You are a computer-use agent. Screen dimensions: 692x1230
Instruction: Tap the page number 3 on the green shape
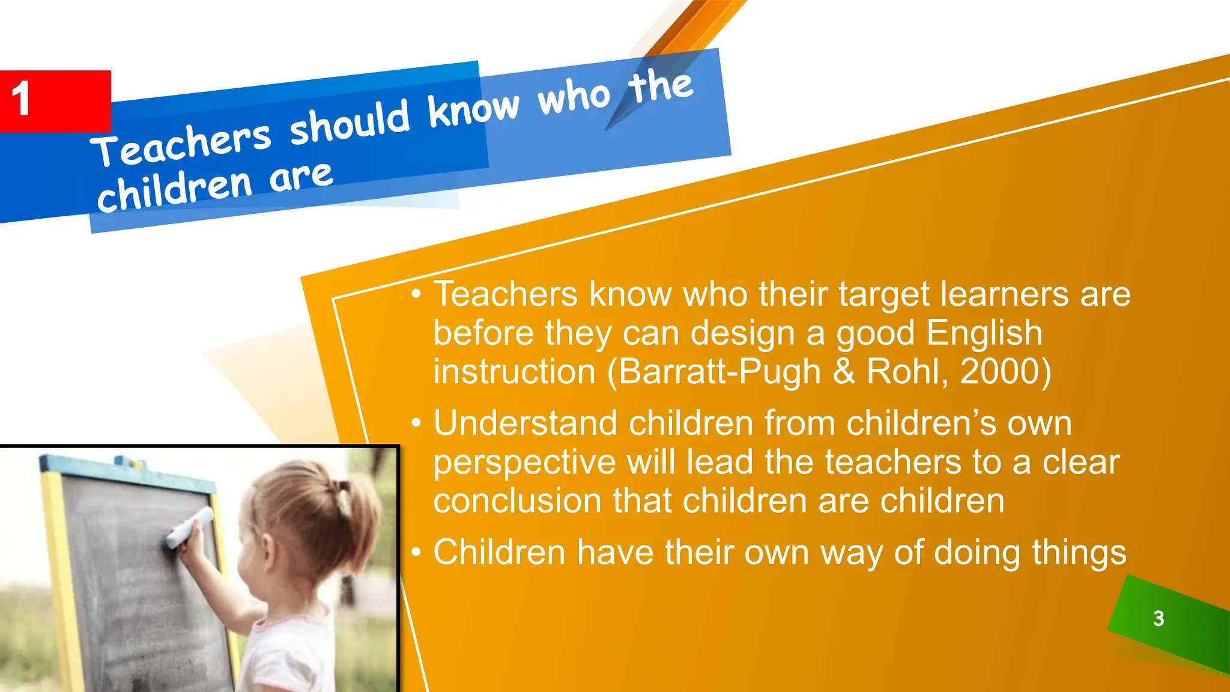pyautogui.click(x=1159, y=618)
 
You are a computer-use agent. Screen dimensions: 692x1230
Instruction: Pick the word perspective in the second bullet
pyautogui.click(x=524, y=463)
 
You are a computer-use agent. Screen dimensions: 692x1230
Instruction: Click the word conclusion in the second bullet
pyautogui.click(x=517, y=501)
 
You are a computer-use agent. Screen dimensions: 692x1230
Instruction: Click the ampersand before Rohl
pyautogui.click(x=844, y=371)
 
